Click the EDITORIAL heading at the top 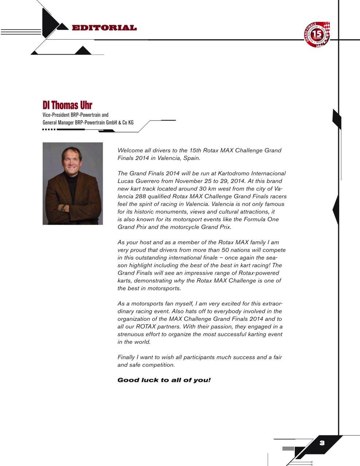coord(104,28)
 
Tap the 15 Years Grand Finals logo coord(317,35)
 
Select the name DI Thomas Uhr coord(67,105)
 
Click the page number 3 coord(322,443)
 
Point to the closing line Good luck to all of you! coord(164,380)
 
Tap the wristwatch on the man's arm coord(64,208)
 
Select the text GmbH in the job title coord(111,122)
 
